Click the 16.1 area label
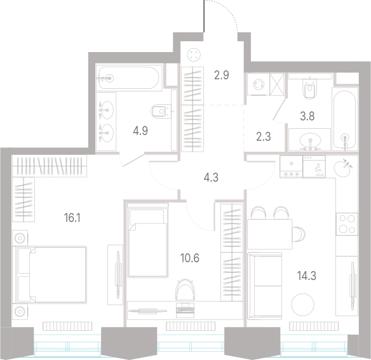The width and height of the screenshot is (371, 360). coord(72,218)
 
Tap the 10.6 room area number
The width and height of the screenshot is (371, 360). coord(190,258)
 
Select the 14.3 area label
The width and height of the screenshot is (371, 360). coord(307,276)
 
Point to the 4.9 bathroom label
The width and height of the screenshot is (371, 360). coord(140,131)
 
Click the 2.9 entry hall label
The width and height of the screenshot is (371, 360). coord(222,75)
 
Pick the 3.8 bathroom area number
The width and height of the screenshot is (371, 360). coord(307,116)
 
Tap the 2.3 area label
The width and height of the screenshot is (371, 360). coord(264,137)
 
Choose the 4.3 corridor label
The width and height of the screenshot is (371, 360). coord(211,177)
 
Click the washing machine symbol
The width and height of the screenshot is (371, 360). coord(259,84)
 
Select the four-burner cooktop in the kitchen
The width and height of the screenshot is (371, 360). coord(347,224)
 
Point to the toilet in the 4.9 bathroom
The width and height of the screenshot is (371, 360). coord(161,111)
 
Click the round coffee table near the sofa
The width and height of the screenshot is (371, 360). coord(303,305)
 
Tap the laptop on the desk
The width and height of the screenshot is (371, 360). coord(185,310)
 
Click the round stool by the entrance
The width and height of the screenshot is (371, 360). coord(194,55)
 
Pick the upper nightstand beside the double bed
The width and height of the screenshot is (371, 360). coord(20,238)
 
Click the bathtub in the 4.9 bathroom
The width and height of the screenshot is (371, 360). coord(129,77)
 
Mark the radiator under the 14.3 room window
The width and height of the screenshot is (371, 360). coord(313,326)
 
